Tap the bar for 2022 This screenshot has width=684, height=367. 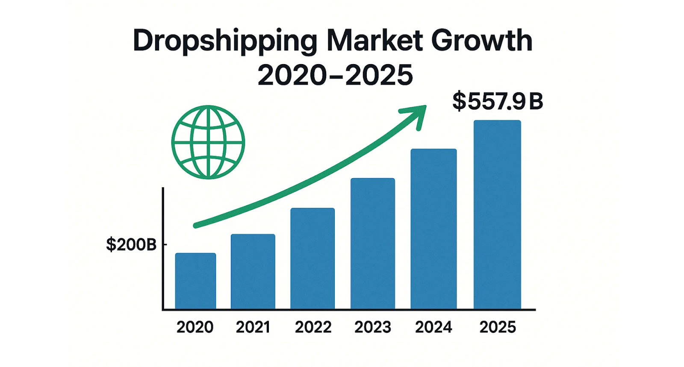(312, 258)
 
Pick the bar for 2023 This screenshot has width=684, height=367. (372, 243)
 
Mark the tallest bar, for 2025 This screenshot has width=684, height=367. (497, 214)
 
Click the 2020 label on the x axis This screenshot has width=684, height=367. (195, 327)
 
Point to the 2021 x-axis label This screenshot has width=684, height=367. (253, 327)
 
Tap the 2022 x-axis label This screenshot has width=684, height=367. (313, 327)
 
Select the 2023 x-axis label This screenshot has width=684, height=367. (372, 327)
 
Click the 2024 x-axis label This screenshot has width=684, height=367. (433, 327)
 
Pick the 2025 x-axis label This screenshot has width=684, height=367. (498, 327)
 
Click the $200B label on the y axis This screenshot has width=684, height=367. (131, 245)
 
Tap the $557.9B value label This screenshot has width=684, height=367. (498, 102)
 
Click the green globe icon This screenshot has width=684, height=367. (208, 142)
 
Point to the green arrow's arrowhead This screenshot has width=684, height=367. (418, 115)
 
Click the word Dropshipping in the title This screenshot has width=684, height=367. (225, 41)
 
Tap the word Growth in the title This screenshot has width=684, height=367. (481, 41)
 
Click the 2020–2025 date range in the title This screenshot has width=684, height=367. (335, 75)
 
